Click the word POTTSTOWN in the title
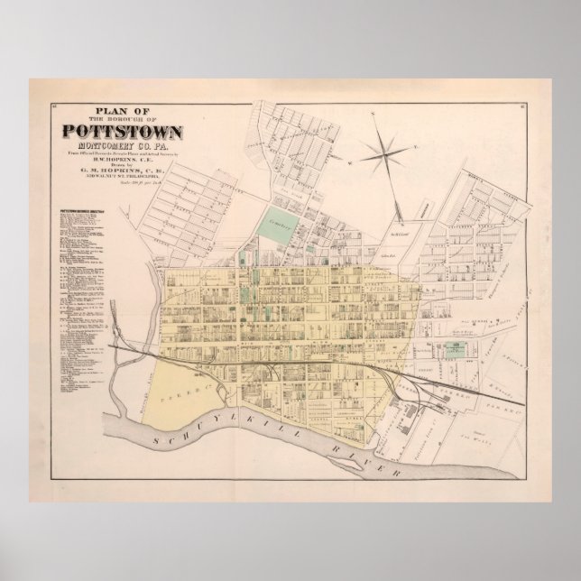pos(123,131)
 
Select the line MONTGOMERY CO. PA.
pos(123,145)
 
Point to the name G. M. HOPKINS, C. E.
pos(123,173)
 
